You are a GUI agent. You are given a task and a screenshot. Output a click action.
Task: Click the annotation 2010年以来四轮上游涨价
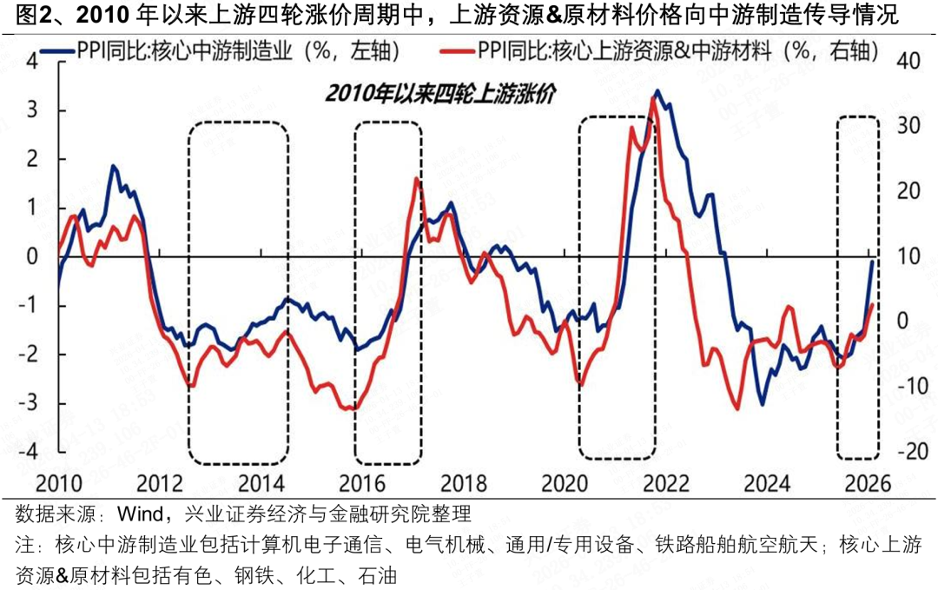(x=441, y=92)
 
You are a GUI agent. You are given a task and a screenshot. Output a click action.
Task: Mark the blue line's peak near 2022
(x=657, y=90)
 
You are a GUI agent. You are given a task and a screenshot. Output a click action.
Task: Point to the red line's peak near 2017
(x=416, y=179)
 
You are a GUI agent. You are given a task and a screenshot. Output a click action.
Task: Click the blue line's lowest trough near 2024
(x=763, y=404)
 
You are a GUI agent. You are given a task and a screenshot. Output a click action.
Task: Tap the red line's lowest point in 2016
(x=349, y=408)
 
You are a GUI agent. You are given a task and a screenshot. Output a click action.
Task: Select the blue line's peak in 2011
(x=113, y=165)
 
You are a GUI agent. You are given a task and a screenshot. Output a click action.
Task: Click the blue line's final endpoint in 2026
(x=872, y=261)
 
